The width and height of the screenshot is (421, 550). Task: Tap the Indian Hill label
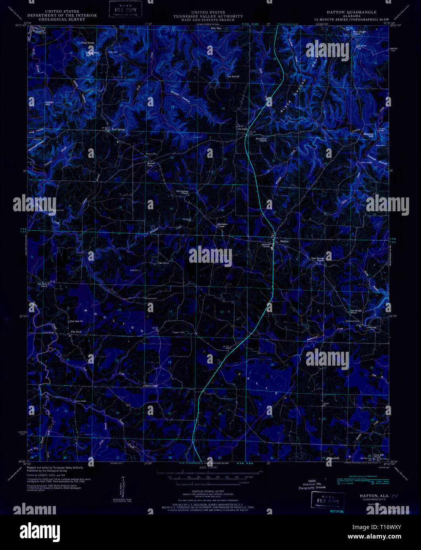click(x=49, y=104)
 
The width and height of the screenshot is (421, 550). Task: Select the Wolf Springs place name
click(x=118, y=129)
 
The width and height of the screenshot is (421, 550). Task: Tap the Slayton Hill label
click(x=369, y=135)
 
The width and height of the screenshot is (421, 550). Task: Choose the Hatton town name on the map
click(x=284, y=241)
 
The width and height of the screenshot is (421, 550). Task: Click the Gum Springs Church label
click(x=318, y=259)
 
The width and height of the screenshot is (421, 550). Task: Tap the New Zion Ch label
click(x=77, y=321)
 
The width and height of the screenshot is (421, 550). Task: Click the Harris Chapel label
click(x=151, y=385)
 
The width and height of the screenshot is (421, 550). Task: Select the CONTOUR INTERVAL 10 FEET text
click(x=210, y=490)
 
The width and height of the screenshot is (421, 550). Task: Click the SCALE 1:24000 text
click(x=210, y=467)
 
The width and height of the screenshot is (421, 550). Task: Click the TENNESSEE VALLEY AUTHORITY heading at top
click(x=211, y=16)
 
